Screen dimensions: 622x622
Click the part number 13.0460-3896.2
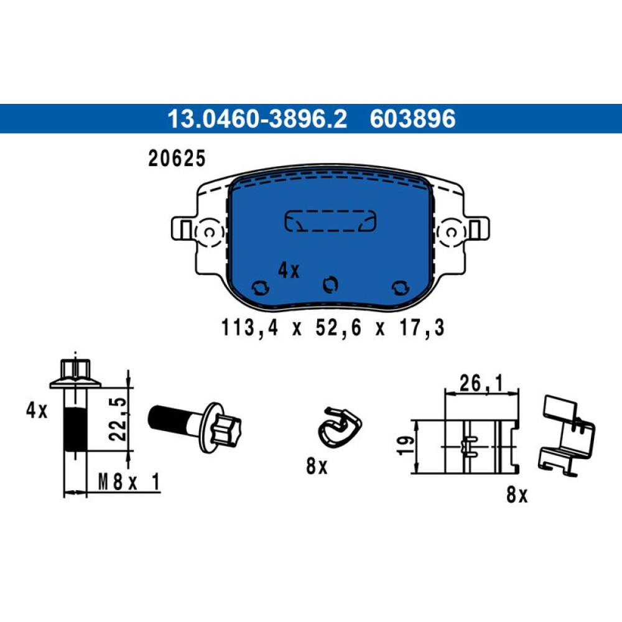click(257, 119)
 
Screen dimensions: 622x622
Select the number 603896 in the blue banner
click(412, 119)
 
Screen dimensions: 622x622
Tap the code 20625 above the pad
click(177, 158)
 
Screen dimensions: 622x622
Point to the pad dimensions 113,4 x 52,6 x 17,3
click(332, 328)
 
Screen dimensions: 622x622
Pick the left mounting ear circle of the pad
click(210, 233)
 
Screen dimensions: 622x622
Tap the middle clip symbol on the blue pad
click(330, 284)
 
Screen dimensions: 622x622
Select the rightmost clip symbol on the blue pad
click(400, 287)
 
